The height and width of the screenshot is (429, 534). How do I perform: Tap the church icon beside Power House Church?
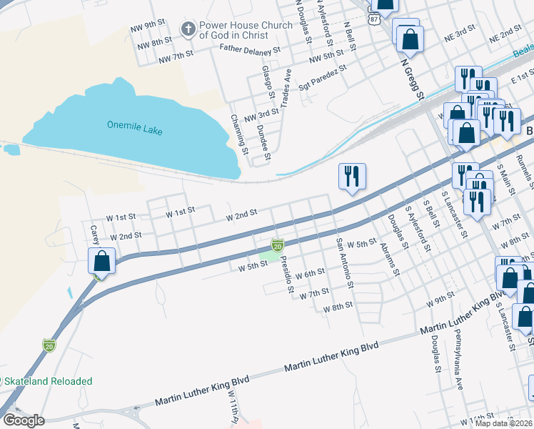click(x=188, y=30)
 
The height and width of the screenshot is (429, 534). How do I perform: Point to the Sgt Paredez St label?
click(x=322, y=75)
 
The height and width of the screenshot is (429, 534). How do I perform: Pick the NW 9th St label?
click(x=148, y=28)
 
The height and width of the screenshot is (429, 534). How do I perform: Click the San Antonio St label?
click(x=345, y=262)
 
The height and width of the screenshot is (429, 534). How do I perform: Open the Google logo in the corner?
click(x=23, y=420)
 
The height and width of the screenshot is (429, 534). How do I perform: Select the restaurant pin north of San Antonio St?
click(x=352, y=176)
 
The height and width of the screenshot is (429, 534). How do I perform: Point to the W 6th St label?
click(x=309, y=273)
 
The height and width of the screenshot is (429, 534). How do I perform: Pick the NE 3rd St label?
click(x=460, y=34)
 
